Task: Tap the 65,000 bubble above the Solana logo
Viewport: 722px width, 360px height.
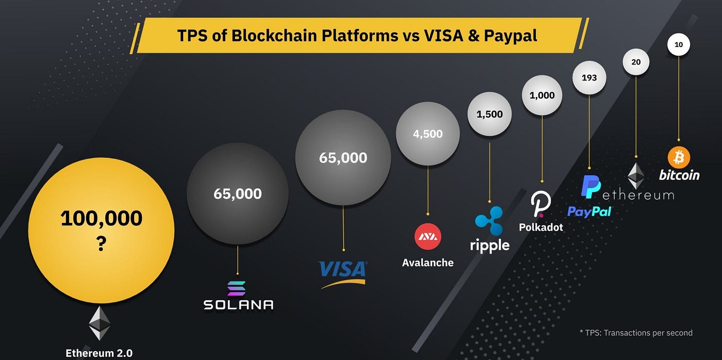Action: point(237,194)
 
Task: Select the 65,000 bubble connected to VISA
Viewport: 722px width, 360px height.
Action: point(343,157)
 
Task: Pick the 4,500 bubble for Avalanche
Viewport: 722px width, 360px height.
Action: point(428,134)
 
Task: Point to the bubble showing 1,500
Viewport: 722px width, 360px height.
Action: point(489,114)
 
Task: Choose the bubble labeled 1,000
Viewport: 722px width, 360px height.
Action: point(541,95)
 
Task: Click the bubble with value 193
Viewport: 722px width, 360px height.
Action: point(589,78)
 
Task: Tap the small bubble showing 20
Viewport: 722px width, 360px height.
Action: point(636,62)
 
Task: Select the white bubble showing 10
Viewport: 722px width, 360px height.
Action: point(679,45)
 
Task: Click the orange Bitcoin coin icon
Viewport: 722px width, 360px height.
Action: point(679,157)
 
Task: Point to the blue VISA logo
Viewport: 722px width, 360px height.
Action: point(343,270)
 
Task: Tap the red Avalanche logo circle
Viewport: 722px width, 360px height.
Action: point(428,237)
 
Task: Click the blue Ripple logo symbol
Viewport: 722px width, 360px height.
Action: point(489,217)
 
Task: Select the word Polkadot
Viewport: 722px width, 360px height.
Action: point(541,227)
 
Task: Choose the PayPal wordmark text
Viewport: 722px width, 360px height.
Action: point(589,211)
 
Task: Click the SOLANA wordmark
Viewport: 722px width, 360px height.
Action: point(238,304)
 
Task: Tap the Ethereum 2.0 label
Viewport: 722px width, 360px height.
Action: point(99,353)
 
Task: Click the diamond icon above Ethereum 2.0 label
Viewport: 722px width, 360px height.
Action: point(100,323)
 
